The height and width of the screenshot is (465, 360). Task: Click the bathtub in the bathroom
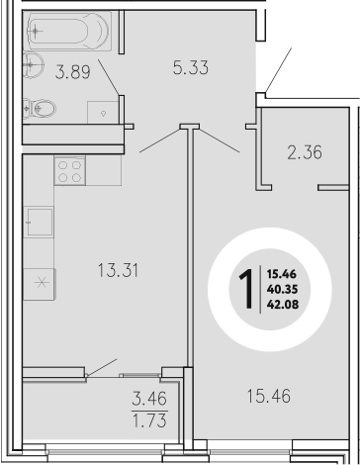tap(64, 32)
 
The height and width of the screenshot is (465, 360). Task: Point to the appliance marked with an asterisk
tap(41, 281)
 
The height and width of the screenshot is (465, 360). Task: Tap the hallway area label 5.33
tap(190, 68)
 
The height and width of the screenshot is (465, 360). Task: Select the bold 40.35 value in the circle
tap(281, 288)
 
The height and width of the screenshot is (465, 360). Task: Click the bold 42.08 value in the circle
tap(281, 304)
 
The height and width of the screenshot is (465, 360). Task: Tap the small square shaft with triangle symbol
tap(105, 112)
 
